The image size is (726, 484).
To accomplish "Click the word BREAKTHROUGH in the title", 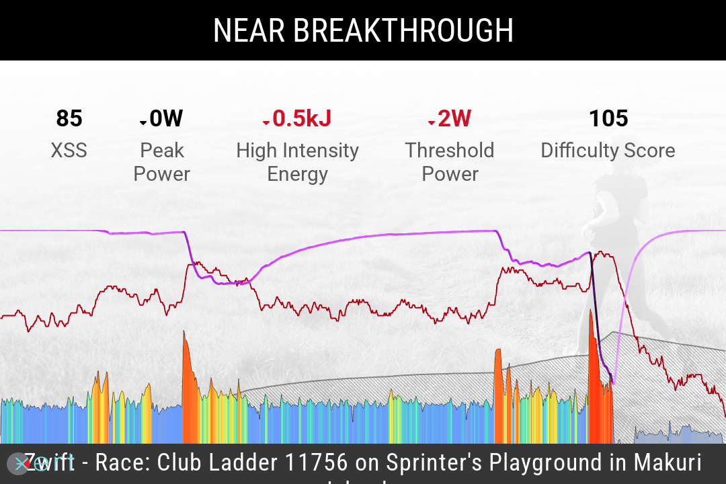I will coord(403,31).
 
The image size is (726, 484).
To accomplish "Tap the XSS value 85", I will coord(69,119).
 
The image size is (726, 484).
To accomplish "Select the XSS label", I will coord(69,151).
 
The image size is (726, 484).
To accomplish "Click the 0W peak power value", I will coord(166,119).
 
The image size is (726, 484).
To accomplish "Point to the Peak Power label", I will coord(162,162).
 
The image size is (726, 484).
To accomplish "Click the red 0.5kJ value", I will coord(302,119).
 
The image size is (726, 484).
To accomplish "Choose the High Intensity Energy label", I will coord(297,162).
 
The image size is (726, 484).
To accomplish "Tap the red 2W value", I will coord(454,119).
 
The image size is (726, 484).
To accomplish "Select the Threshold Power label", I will coord(449,162).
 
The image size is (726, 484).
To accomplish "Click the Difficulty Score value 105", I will coord(608,119).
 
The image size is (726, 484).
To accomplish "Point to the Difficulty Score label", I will coord(608,151).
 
